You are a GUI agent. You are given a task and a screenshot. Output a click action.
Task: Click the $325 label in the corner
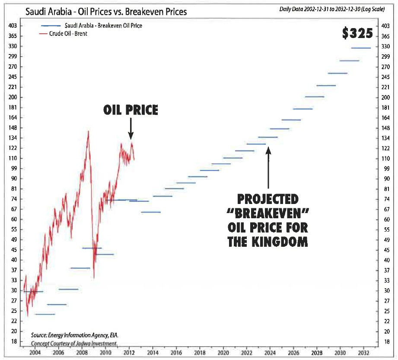[x=357, y=34]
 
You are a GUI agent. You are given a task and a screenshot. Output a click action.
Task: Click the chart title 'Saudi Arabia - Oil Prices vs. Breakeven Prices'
[x=106, y=11]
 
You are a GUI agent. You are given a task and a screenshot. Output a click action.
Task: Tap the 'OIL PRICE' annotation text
[x=131, y=111]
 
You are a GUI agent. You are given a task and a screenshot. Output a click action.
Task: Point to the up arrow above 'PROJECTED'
[x=268, y=169]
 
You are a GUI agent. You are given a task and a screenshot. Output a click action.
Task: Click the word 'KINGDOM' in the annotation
[x=280, y=242]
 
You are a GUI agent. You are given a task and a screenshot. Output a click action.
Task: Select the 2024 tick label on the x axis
[x=270, y=352]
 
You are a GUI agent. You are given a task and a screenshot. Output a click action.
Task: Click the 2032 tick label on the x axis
[x=364, y=352]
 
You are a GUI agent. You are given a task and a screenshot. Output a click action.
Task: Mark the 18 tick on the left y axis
[x=13, y=341]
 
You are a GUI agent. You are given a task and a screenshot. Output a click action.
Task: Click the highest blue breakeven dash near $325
[x=361, y=48]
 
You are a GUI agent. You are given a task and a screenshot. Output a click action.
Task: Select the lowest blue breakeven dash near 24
[x=45, y=314]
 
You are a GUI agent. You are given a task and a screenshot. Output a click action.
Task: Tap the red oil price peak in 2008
[x=89, y=131]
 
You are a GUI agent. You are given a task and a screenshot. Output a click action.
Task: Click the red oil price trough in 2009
[x=94, y=277]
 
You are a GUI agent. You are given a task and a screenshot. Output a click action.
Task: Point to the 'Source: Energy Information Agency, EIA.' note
[x=74, y=335]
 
